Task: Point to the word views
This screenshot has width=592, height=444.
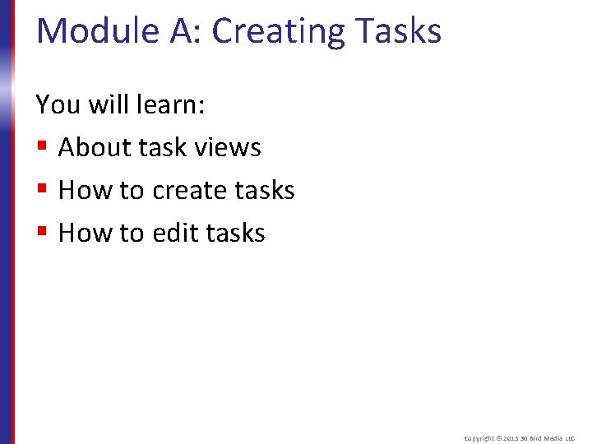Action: [229, 148]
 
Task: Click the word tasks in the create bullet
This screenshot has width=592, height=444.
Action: [265, 191]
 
